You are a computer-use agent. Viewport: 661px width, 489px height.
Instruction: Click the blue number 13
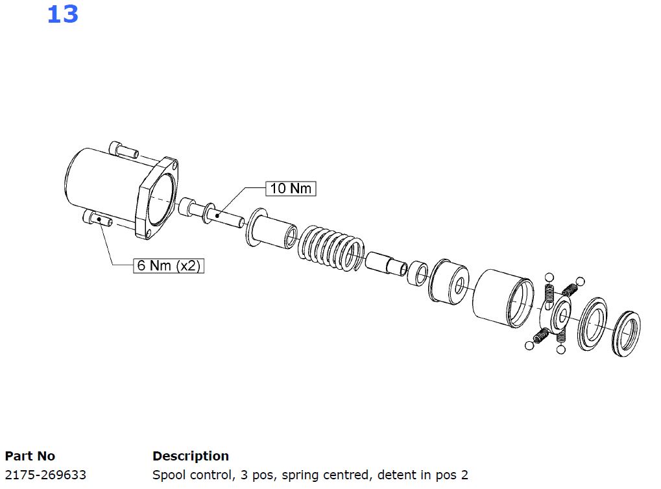pyautogui.click(x=63, y=14)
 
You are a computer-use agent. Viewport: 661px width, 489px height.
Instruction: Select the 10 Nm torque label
pyautogui.click(x=291, y=189)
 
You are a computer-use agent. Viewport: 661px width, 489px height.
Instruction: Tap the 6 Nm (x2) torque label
pyautogui.click(x=169, y=265)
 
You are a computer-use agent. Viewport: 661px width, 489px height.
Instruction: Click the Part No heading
pyautogui.click(x=30, y=456)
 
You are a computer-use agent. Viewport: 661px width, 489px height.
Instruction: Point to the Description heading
pyautogui.click(x=191, y=456)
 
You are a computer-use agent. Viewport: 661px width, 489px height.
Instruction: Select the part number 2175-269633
pyautogui.click(x=45, y=475)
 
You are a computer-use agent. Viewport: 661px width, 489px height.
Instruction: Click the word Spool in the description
pyautogui.click(x=168, y=475)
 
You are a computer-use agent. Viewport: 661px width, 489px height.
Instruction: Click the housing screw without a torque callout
pyautogui.click(x=123, y=149)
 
